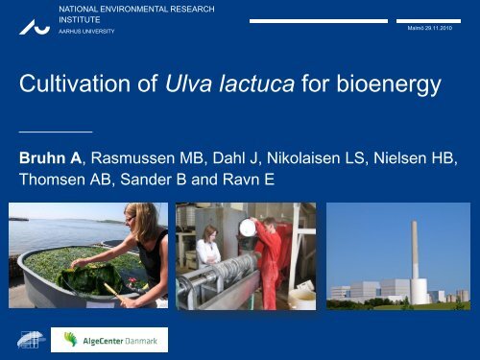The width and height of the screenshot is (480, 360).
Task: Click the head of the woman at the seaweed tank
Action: pyautogui.click(x=131, y=217)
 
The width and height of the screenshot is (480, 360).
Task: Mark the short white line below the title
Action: pyautogui.click(x=56, y=129)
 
